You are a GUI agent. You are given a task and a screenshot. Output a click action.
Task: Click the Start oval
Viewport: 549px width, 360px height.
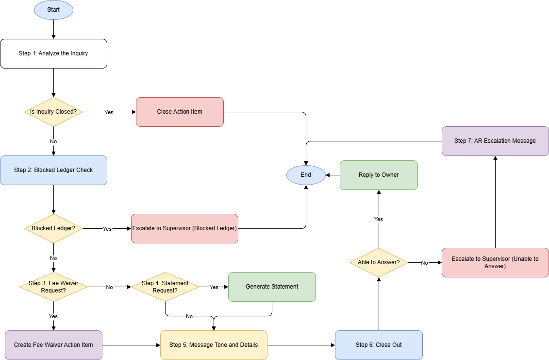tap(53, 10)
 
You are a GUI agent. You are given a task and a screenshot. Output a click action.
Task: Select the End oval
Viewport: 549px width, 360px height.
tap(306, 175)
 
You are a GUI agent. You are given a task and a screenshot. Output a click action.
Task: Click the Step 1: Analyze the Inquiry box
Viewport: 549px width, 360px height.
tap(53, 53)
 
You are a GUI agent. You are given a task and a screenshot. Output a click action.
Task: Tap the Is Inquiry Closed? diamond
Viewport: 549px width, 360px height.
tap(53, 112)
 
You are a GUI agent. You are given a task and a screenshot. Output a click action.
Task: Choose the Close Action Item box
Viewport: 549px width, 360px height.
tap(180, 112)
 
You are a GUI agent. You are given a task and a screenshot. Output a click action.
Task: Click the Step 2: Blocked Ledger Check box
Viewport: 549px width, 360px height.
tap(53, 170)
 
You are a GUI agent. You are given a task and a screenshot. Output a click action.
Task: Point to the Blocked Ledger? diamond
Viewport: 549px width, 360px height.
tap(53, 228)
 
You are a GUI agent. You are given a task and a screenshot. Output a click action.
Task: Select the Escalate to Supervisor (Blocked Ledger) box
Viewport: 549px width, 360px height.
tap(184, 228)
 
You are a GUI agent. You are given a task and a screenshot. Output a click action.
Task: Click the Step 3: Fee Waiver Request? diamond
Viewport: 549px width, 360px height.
tap(53, 287)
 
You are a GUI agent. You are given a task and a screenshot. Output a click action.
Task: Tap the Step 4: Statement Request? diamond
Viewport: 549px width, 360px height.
tap(165, 287)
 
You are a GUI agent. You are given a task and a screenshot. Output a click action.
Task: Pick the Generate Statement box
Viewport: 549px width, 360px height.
tap(272, 287)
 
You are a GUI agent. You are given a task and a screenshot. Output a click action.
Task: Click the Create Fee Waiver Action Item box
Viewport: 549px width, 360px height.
tap(53, 345)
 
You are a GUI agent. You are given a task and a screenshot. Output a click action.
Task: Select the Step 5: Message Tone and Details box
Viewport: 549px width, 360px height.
tap(214, 345)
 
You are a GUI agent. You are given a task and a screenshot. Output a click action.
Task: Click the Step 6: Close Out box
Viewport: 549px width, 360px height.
tap(379, 345)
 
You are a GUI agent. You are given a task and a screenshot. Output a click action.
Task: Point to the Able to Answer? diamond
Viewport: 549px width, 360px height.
tap(379, 262)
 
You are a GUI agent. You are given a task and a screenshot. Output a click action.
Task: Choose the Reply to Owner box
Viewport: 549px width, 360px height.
tap(379, 175)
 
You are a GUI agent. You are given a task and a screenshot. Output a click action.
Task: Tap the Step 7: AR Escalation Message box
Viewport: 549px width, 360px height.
tap(495, 141)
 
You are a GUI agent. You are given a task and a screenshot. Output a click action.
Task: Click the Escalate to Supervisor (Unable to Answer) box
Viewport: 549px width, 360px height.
tap(495, 262)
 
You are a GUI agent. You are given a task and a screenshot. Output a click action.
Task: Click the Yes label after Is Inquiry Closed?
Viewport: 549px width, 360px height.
tap(109, 112)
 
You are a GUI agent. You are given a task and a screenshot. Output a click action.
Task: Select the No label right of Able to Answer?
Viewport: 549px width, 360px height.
tap(424, 263)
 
